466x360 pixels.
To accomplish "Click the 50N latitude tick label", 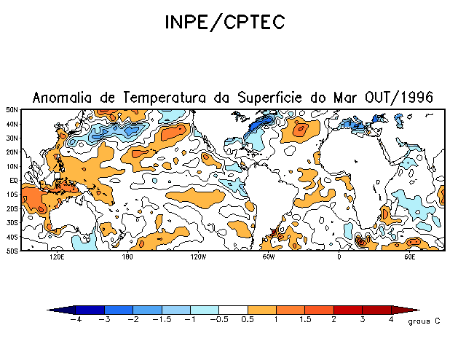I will coord(13,109).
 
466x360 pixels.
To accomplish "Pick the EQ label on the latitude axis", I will coord(14,180).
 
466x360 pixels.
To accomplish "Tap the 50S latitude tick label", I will coord(13,251).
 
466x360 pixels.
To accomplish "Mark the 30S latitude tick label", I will coord(13,222).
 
